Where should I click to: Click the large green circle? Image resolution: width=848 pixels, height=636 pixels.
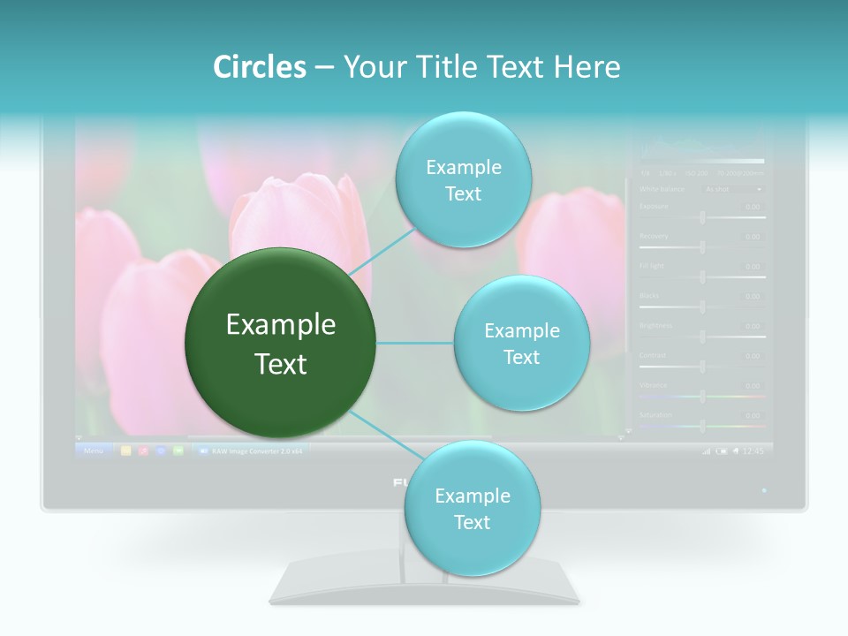click(x=281, y=343)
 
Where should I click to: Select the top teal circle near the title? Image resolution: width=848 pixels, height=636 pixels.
click(x=463, y=180)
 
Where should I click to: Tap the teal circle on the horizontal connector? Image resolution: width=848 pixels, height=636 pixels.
click(x=521, y=344)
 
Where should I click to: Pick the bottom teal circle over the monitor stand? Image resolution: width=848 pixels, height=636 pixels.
click(x=471, y=509)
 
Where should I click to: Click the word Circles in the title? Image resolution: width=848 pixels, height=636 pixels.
click(x=259, y=67)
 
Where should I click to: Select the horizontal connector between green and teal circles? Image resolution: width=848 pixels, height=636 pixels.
click(x=414, y=343)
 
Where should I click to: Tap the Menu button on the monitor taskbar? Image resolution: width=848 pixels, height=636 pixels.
click(x=94, y=450)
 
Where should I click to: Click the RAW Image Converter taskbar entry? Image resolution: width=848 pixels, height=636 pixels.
click(x=251, y=450)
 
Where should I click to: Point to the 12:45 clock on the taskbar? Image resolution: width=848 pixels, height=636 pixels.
click(x=753, y=450)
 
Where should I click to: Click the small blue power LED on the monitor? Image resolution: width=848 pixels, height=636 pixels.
click(x=764, y=489)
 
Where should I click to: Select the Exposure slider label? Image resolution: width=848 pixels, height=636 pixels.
click(x=654, y=207)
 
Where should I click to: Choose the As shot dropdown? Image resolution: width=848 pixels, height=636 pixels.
click(x=732, y=189)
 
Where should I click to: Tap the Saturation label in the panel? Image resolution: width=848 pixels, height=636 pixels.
click(x=655, y=414)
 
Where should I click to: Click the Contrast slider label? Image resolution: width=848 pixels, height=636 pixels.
click(x=653, y=355)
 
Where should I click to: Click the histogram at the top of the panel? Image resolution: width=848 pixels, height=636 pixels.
click(x=701, y=150)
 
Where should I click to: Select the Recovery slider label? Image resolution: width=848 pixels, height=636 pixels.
click(x=654, y=236)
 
